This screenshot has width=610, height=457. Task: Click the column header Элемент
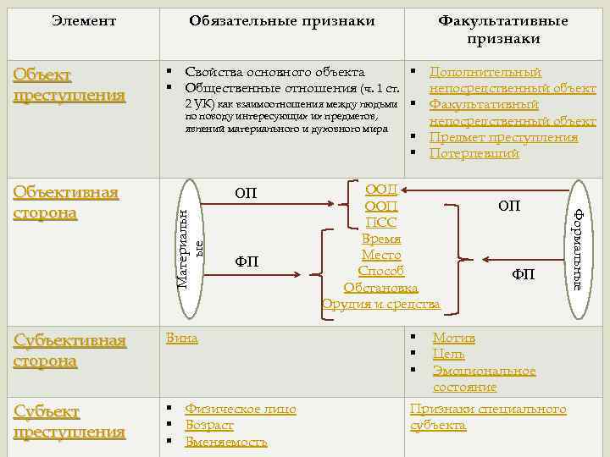click(83, 20)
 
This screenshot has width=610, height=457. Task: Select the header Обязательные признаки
click(282, 20)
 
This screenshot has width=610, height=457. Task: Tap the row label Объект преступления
click(69, 85)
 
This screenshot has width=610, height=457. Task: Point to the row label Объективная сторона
click(66, 201)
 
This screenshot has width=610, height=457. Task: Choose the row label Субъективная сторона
click(69, 350)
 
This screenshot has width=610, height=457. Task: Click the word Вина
click(182, 338)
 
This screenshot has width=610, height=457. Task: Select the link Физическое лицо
click(241, 410)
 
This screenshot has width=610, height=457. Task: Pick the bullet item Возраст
click(209, 426)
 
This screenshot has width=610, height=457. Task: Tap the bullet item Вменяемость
click(225, 442)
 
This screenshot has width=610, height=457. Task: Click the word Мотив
click(453, 338)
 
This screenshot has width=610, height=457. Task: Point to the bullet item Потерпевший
click(474, 154)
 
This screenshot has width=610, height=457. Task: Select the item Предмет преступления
click(503, 138)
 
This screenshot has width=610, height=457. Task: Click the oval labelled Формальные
click(577, 248)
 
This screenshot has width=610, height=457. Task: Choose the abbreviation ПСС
click(381, 223)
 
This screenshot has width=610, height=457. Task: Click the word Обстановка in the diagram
click(380, 288)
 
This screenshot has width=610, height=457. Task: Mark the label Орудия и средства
click(381, 304)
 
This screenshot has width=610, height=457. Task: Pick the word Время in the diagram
click(381, 239)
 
